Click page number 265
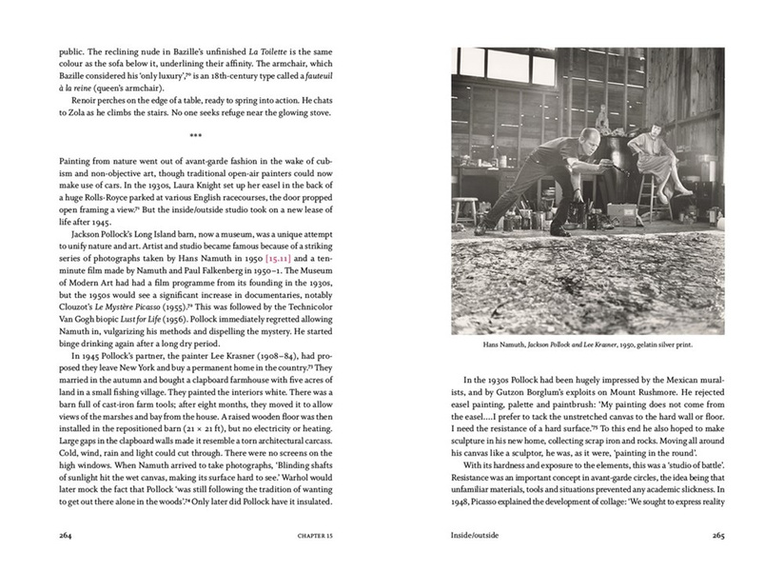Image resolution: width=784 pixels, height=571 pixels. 717,535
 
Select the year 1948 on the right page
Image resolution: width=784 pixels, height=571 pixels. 460,502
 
